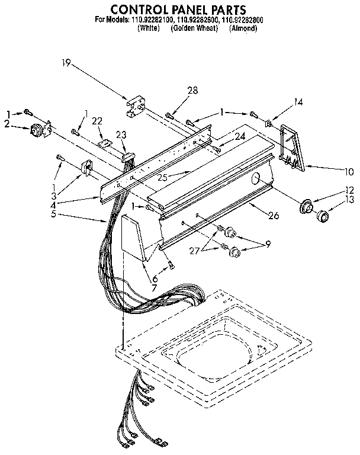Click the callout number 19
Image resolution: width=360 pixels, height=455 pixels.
pyautogui.click(x=66, y=62)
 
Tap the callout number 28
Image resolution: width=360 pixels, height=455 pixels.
pyautogui.click(x=192, y=90)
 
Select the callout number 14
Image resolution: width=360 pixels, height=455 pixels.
pyautogui.click(x=298, y=102)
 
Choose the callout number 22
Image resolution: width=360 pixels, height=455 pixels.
pyautogui.click(x=97, y=121)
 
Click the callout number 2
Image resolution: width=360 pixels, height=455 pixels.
pyautogui.click(x=7, y=124)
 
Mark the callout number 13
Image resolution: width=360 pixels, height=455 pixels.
pyautogui.click(x=349, y=200)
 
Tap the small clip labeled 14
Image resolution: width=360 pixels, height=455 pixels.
pyautogui.click(x=269, y=124)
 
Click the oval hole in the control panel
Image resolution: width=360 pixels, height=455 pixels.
pyautogui.click(x=256, y=178)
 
